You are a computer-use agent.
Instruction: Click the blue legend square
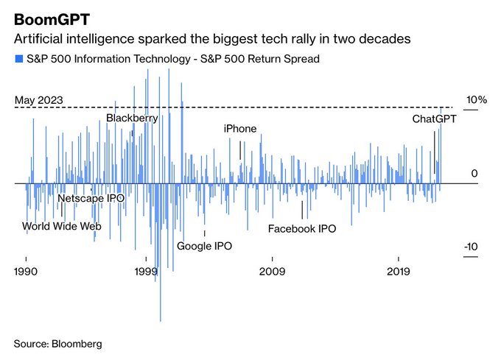coord(18,59)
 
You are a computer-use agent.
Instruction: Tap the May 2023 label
coord(38,100)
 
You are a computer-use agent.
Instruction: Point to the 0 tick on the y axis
coord(474,173)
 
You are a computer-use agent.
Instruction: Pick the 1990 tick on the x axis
coord(27,272)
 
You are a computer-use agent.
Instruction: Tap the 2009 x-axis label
coord(273,272)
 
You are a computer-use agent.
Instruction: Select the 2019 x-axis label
coord(399,272)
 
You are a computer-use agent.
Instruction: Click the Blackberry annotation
coord(131,118)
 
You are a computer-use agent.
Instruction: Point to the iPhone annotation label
coord(240,129)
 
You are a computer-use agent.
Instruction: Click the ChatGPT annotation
coord(434,119)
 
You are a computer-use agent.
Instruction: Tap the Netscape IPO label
coord(91,199)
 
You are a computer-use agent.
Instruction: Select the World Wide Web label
coord(61,226)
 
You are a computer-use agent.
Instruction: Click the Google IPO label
coord(204,245)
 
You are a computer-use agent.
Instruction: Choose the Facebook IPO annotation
coord(301,229)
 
